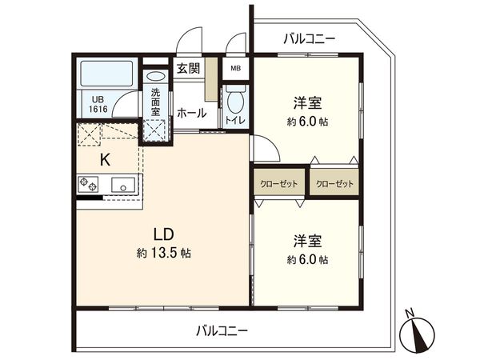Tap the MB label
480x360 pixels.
[235, 69]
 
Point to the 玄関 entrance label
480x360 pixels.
[189, 68]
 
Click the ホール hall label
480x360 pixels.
[192, 114]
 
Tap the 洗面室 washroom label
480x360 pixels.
[154, 103]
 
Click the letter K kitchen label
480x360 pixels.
[105, 158]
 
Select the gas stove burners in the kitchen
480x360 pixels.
[87, 186]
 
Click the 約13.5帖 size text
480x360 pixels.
[164, 253]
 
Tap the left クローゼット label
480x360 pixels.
[279, 184]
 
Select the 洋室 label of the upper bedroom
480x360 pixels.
[307, 103]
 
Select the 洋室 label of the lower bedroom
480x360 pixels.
[307, 241]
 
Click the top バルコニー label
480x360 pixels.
[310, 38]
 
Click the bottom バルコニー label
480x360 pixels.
[222, 330]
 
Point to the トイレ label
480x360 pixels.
[235, 121]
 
